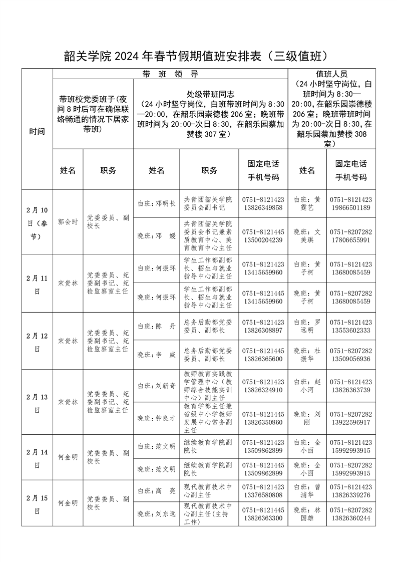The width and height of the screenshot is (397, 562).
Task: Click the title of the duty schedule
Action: point(199,56)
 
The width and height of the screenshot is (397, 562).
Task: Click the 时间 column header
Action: point(37,132)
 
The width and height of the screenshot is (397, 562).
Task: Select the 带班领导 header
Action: point(170,74)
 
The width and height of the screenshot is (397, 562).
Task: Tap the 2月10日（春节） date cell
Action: point(37,221)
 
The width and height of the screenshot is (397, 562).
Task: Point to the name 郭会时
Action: point(68,221)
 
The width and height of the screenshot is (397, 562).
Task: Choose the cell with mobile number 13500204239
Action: point(263,236)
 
